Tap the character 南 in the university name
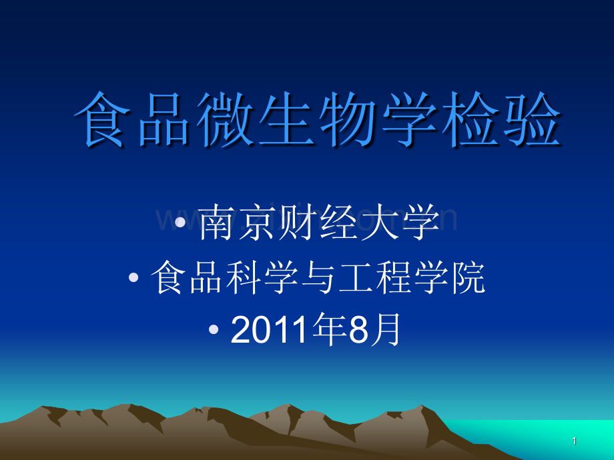pos(218,223)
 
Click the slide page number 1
pos(575,441)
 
